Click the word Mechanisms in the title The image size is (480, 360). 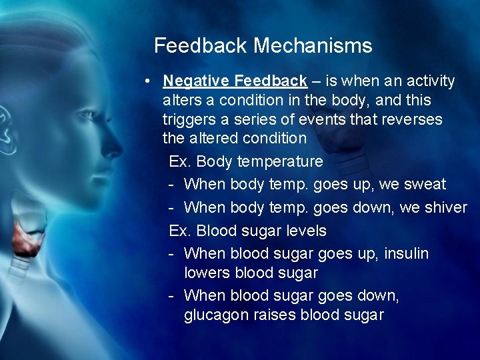tap(313, 46)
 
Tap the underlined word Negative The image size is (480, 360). tap(196, 81)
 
